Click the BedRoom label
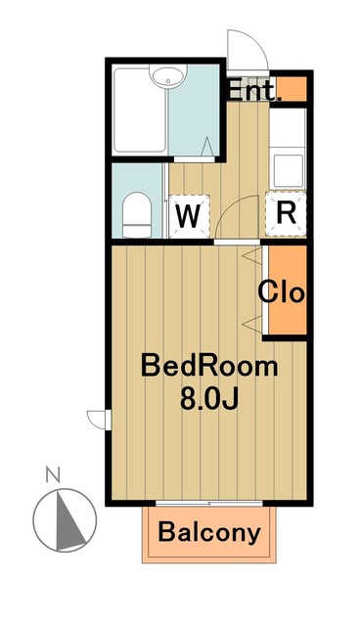[209, 368]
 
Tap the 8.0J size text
[209, 399]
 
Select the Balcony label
[209, 532]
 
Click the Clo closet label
[282, 292]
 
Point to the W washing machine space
[189, 217]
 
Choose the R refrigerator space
[287, 213]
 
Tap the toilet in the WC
[137, 215]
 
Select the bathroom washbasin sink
[168, 76]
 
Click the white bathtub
[139, 111]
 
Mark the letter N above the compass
[52, 475]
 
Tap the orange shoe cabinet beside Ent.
[292, 89]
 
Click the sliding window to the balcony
[209, 503]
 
